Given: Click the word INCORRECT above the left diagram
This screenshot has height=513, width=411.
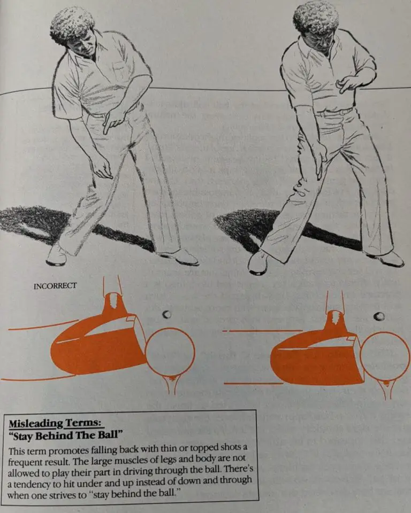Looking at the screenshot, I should [55, 286].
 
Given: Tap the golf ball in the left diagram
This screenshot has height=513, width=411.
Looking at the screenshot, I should [170, 353].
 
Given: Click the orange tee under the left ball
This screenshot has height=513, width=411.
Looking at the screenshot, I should [171, 385].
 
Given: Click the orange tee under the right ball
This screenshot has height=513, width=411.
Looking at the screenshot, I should [386, 389].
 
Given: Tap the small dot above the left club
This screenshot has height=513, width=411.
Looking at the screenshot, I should [167, 314].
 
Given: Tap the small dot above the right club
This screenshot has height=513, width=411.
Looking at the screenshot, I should [379, 316].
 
